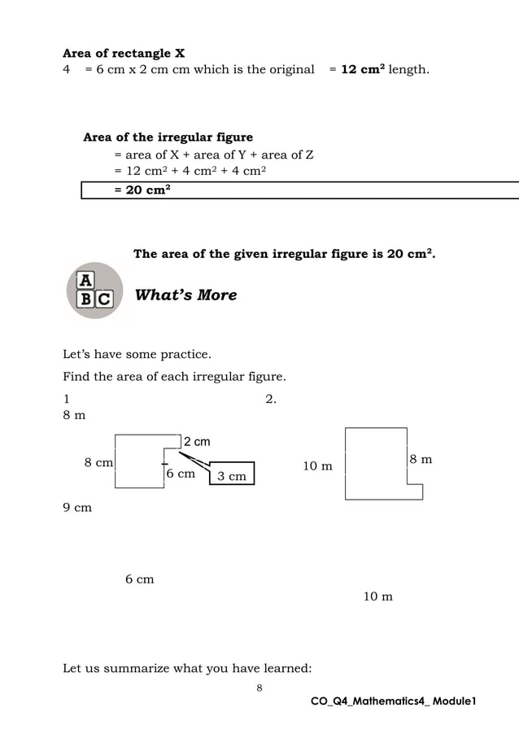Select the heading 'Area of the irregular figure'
tap(168, 137)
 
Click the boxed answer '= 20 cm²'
tap(142, 190)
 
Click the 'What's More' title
tap(185, 295)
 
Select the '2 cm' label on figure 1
tap(196, 442)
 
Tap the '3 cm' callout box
tap(232, 475)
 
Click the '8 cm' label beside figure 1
tap(98, 462)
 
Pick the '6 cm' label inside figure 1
tap(181, 473)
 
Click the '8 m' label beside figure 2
tap(421, 460)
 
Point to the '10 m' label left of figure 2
tap(317, 466)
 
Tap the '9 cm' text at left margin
tap(77, 508)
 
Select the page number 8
tap(259, 688)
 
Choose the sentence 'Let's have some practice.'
tap(137, 354)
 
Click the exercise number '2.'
tap(272, 399)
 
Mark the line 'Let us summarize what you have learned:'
tap(186, 669)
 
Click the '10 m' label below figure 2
tap(377, 596)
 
